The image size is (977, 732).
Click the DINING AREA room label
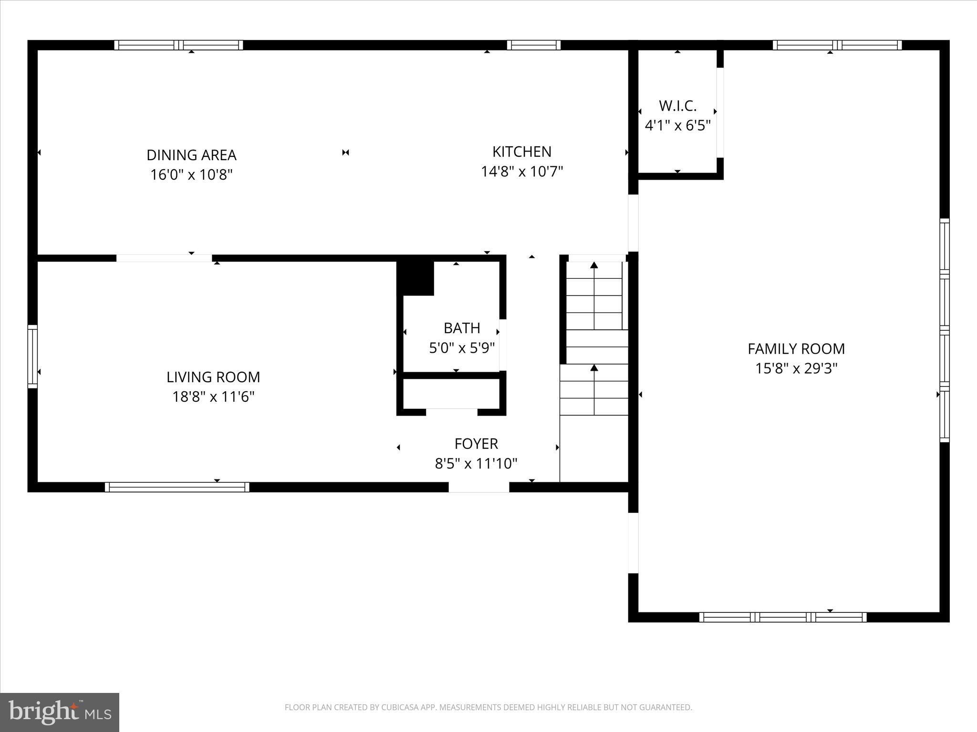pos(191,155)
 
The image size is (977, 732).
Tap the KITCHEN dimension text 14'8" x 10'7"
pos(522,172)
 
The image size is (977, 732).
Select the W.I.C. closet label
pos(677,106)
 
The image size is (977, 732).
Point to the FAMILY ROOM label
pos(796,349)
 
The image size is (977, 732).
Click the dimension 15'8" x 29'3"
pos(796,369)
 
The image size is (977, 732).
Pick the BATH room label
pos(461,328)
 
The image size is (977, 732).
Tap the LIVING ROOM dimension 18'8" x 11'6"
pos(213,397)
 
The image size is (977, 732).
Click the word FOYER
pos(476,444)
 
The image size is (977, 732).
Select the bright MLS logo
pos(60,712)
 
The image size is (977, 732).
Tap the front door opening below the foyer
pos(478,487)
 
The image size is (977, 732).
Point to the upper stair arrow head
pos(594,265)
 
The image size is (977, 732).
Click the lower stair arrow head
pos(594,367)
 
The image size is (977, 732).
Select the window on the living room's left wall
pos(32,356)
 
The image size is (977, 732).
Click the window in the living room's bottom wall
pos(177,487)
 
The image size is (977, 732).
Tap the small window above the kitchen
pos(533,45)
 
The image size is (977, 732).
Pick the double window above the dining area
pos(178,45)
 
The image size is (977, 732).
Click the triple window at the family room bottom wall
pos(783,617)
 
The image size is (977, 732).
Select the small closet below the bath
pos(451,394)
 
